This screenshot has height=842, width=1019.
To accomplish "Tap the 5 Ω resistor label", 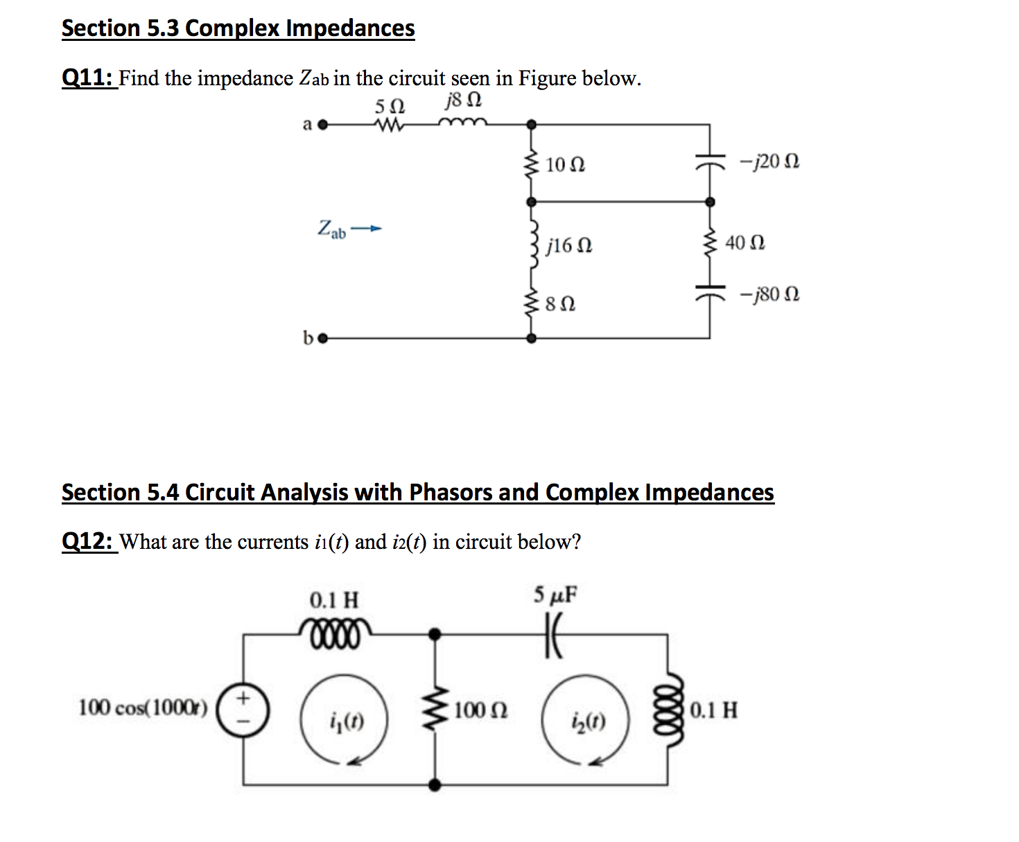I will [x=390, y=107].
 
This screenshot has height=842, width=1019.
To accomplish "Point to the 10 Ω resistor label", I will [x=565, y=165].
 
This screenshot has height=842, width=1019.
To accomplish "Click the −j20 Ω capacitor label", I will [x=769, y=161].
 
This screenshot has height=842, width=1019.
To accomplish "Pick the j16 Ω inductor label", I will [x=569, y=246].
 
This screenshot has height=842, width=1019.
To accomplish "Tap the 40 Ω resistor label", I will [x=745, y=243].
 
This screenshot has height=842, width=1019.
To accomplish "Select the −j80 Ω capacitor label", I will [x=769, y=295].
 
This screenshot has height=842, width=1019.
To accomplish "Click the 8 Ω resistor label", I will [x=560, y=304].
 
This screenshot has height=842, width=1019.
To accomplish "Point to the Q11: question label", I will [x=88, y=78].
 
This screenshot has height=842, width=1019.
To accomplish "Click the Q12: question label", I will [x=88, y=541].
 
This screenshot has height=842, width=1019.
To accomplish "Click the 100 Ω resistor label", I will [x=481, y=710].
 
